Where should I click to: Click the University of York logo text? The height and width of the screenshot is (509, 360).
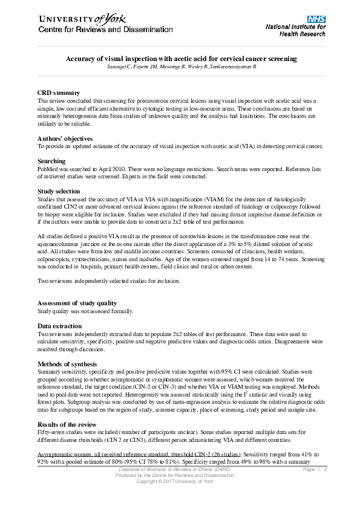(x=79, y=19)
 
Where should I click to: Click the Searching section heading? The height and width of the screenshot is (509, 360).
(x=51, y=161)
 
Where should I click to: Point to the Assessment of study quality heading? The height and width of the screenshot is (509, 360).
(x=77, y=303)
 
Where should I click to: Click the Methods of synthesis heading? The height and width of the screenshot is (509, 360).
(x=67, y=363)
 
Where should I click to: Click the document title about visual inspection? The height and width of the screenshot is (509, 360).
(x=181, y=59)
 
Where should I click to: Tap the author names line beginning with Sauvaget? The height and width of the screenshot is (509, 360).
(x=181, y=66)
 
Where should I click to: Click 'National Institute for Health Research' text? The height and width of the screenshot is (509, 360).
(x=296, y=31)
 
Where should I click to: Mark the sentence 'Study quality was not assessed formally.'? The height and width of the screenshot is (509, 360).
(x=85, y=311)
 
